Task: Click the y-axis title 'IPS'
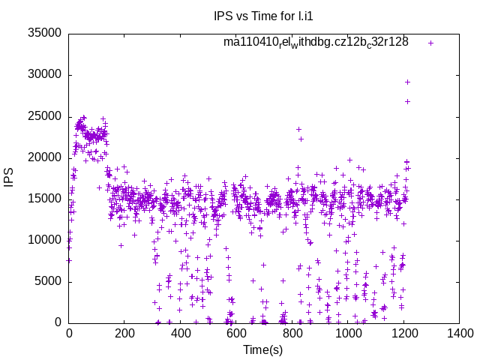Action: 10,178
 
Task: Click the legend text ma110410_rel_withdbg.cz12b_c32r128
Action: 316,42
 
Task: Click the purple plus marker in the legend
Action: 430,43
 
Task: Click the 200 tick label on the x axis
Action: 125,334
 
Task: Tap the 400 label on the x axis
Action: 181,334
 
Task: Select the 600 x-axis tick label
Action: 237,334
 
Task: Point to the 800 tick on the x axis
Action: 292,334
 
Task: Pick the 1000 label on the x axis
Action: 349,334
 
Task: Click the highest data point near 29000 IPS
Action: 407,82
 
